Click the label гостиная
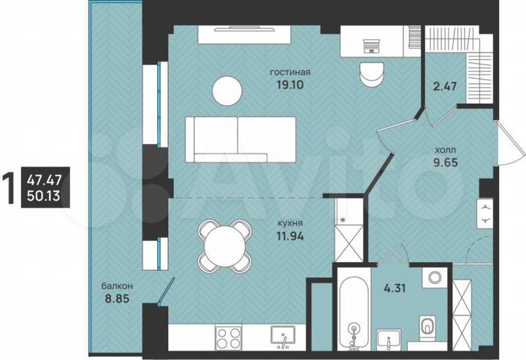click(x=290, y=73)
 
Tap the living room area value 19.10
click(x=290, y=85)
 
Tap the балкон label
click(x=117, y=285)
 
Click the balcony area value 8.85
click(x=117, y=297)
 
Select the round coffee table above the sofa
click(x=227, y=91)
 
